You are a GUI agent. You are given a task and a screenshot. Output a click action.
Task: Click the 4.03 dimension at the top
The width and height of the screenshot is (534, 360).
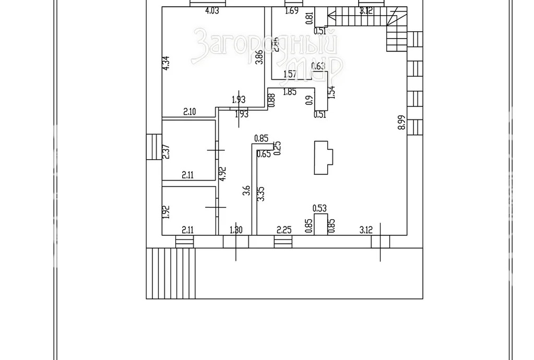point(211,11)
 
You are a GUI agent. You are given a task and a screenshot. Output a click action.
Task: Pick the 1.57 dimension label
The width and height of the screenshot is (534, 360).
point(290,75)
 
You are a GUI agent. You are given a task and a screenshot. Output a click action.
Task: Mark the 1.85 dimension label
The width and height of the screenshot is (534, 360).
point(290,92)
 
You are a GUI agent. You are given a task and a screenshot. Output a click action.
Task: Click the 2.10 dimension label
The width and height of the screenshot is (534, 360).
point(189,111)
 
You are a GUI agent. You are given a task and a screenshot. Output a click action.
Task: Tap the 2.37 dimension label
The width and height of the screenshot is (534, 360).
point(165,151)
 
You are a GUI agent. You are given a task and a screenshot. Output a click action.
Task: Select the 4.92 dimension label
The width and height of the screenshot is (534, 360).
point(223,174)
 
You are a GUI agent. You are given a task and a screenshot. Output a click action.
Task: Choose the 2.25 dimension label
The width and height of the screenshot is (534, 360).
point(283,229)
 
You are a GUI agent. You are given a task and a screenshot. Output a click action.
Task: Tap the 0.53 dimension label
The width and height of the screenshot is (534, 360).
point(319,209)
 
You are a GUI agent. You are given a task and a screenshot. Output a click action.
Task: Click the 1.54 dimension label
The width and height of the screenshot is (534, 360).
point(331,92)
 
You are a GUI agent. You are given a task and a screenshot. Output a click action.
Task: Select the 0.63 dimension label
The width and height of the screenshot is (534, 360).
point(318,66)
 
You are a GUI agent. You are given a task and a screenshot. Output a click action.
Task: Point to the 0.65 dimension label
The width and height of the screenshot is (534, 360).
point(264,153)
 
